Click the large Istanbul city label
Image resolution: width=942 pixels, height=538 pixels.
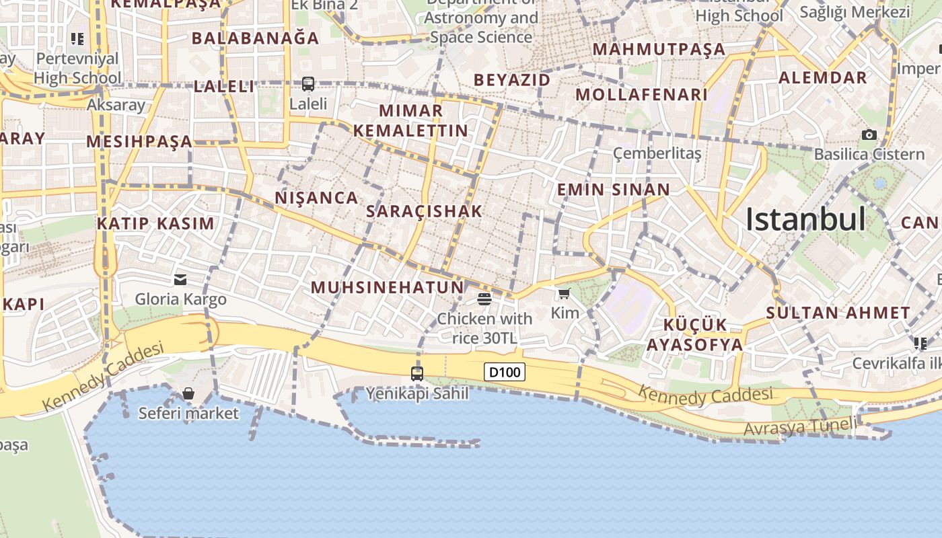click(805, 219)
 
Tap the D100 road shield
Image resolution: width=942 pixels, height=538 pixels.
click(505, 372)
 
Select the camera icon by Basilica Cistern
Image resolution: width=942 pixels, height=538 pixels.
click(869, 134)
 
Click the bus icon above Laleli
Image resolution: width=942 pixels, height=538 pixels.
click(308, 84)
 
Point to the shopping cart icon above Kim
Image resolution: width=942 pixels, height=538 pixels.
click(565, 293)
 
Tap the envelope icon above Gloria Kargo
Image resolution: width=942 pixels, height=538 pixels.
click(180, 280)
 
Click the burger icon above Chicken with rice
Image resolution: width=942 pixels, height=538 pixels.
click(484, 299)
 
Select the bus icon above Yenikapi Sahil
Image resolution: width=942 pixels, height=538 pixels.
click(417, 373)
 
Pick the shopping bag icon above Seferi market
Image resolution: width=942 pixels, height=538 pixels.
click(188, 393)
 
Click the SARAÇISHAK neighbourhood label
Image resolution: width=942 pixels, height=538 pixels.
click(425, 211)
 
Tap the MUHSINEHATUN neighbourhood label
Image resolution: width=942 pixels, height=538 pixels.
click(387, 288)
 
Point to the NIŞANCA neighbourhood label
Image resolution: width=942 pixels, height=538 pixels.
click(316, 198)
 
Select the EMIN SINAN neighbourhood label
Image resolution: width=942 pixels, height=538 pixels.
click(614, 190)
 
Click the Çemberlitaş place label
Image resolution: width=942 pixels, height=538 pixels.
click(657, 154)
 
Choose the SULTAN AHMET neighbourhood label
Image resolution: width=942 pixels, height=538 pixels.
click(838, 313)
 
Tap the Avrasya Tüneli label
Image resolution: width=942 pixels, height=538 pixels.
click(801, 426)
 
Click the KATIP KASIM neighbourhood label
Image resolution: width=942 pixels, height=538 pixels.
click(156, 223)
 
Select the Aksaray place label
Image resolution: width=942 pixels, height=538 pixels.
click(116, 105)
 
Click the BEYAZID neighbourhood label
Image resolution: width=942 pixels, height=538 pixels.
click(512, 80)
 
